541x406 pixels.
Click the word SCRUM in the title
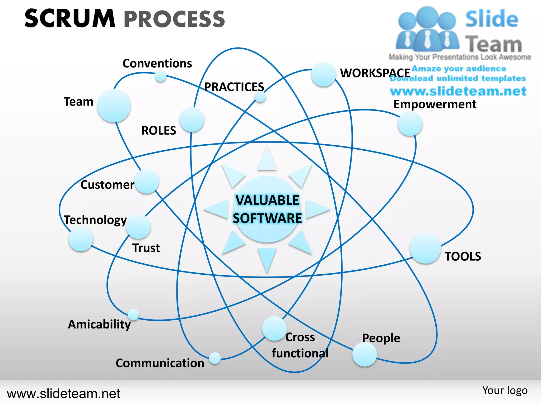tap(70, 19)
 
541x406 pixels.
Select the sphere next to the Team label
tap(114, 106)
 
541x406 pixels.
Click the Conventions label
tap(157, 63)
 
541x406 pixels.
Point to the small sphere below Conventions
tap(160, 77)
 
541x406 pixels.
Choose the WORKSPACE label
tap(375, 73)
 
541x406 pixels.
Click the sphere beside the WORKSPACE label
tap(323, 74)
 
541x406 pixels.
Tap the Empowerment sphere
tap(410, 124)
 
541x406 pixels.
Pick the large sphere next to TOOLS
tap(425, 248)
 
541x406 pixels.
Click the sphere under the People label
tap(365, 354)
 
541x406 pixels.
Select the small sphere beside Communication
tap(215, 358)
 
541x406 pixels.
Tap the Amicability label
tap(99, 324)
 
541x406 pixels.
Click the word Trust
tap(146, 248)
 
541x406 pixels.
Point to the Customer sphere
tap(146, 182)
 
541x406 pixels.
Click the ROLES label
tap(159, 131)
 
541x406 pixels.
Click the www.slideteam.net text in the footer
tap(63, 394)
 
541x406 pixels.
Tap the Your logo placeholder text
tap(505, 390)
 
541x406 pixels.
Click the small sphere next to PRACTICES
tap(260, 97)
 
